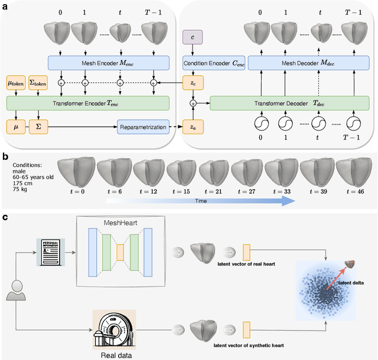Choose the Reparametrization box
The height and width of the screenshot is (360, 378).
(x=142, y=127)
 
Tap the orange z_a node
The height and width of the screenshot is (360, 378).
(x=192, y=127)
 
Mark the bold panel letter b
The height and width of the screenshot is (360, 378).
(x=5, y=157)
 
